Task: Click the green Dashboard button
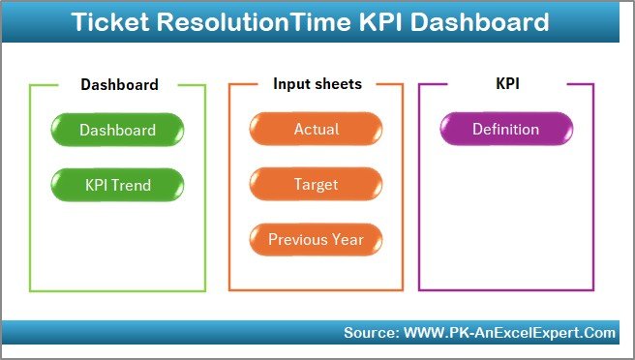tap(117, 130)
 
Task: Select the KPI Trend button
tap(117, 184)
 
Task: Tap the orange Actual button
tap(317, 130)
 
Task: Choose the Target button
tap(317, 184)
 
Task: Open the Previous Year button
tap(317, 239)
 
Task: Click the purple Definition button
tap(505, 130)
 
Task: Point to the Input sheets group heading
tap(317, 84)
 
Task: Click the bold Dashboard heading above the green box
tap(119, 84)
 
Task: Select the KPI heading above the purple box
tap(507, 84)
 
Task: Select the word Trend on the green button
tap(135, 184)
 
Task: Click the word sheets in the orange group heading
tap(338, 84)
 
